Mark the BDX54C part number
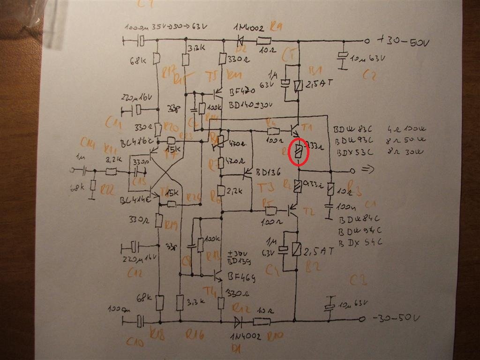(x=360, y=242)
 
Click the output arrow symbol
(x=368, y=171)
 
